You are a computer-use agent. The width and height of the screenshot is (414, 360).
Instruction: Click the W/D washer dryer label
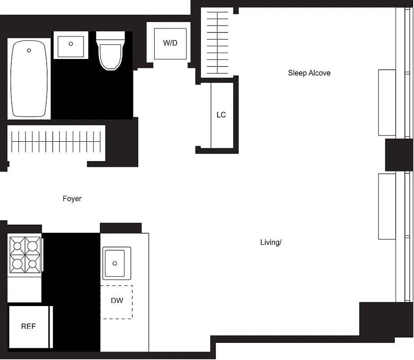pos(170,43)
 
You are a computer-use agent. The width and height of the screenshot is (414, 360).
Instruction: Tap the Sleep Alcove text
pos(309,73)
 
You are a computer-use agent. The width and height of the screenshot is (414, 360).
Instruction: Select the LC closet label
pos(221,115)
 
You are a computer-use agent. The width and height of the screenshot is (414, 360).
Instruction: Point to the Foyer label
pos(72,198)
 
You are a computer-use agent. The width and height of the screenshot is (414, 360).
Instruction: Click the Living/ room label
pos(271,242)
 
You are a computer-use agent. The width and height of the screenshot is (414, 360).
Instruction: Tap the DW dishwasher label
pos(116,300)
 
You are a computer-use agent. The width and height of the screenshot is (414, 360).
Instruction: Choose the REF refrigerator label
pos(28,326)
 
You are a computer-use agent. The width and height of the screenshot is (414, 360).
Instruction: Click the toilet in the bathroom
pos(110,56)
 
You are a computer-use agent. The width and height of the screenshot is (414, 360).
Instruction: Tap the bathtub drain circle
pos(29,50)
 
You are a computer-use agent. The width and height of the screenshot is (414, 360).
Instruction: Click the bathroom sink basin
pos(71,46)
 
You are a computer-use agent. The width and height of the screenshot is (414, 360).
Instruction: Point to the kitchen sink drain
pos(115,263)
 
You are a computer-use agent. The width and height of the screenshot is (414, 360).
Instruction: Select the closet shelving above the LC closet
pos(217,43)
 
